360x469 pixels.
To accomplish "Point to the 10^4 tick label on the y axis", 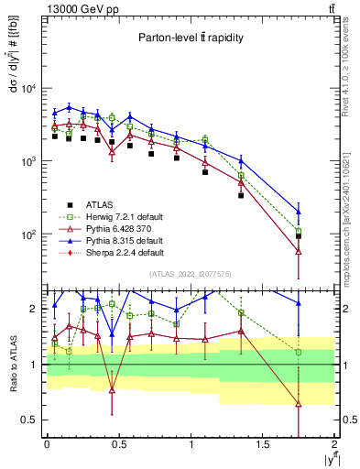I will coord(27,89).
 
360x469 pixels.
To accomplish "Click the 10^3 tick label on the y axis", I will coord(27,162).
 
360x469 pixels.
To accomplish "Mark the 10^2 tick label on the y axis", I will coord(27,234).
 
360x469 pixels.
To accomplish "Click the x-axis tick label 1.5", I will coord(263,444).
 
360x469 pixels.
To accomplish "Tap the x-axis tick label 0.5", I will coord(118,444).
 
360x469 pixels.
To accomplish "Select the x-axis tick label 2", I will coord(334,444).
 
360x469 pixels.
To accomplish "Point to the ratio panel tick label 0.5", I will coord(30,420).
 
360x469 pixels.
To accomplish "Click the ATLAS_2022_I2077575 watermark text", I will coord(190,274).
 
